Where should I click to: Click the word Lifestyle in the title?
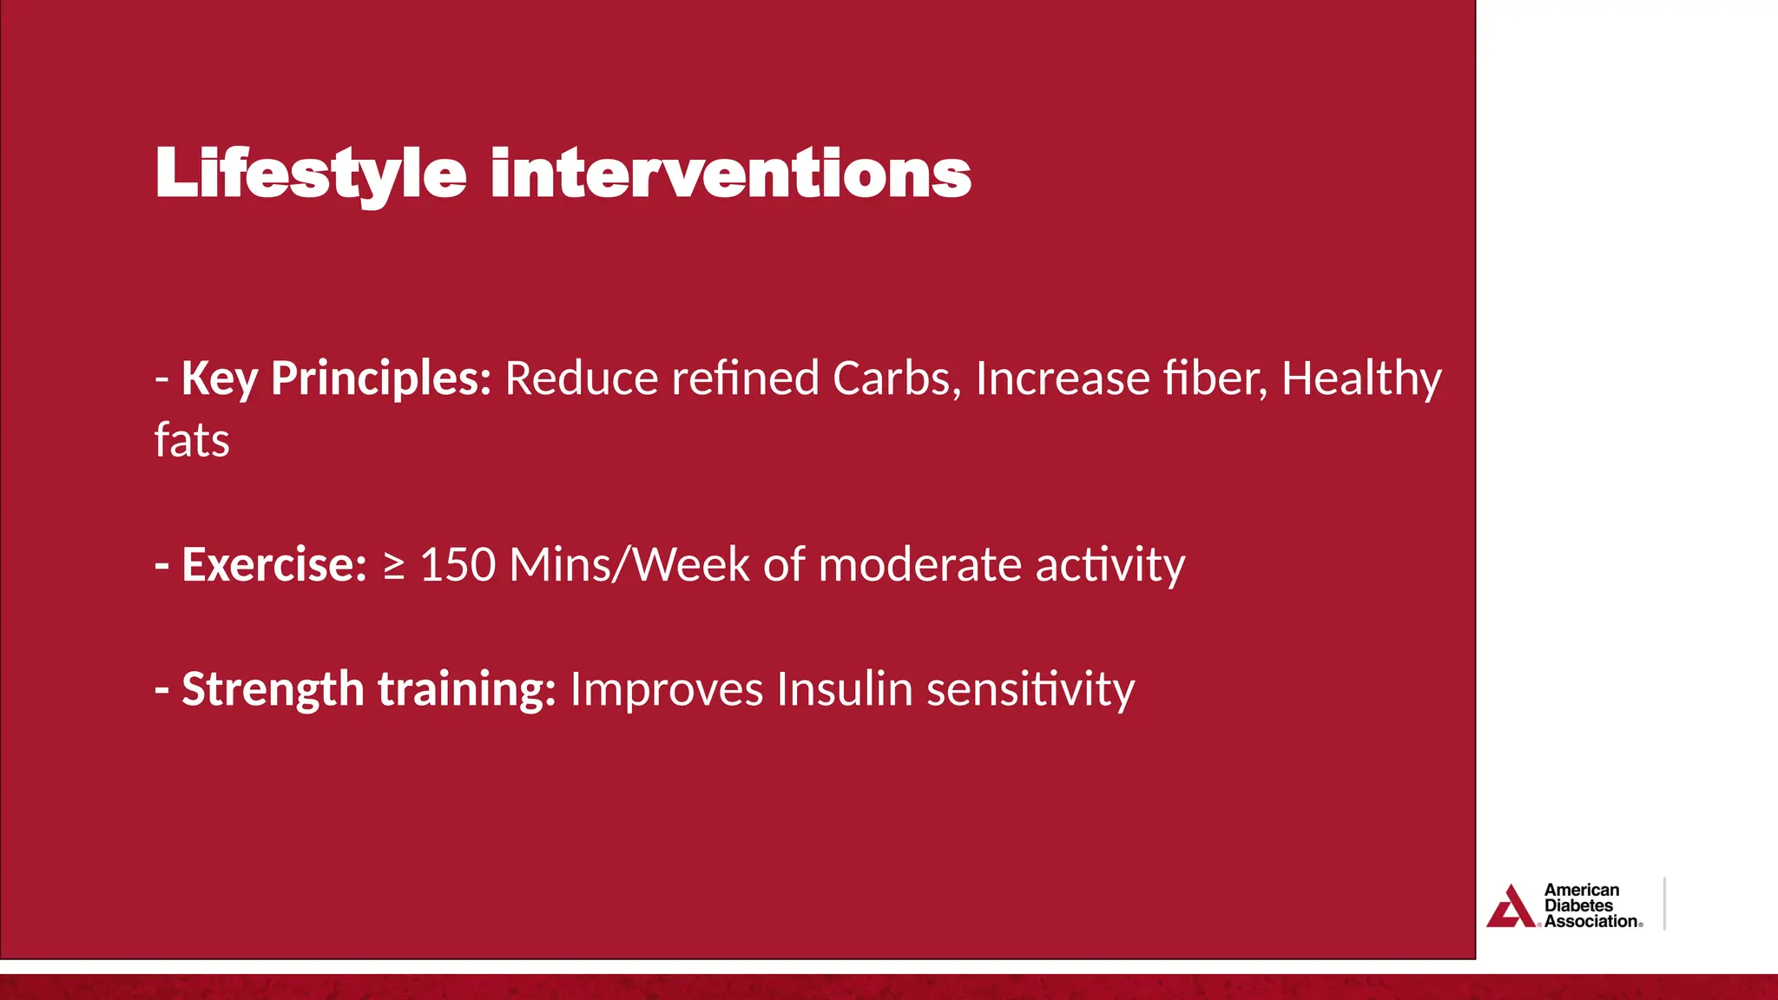point(310,174)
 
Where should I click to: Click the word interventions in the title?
point(730,174)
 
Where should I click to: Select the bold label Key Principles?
point(336,379)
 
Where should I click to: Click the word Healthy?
point(1360,379)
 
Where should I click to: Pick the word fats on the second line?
point(192,440)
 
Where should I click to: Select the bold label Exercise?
point(273,565)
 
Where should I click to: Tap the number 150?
point(458,565)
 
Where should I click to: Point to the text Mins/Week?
point(629,565)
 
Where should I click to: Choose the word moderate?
point(919,565)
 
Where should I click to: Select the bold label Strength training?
point(368,690)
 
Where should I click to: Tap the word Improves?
point(666,690)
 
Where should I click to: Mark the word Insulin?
point(844,690)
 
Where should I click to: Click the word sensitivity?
point(1031,690)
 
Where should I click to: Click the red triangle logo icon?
point(1511,907)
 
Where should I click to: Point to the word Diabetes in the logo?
point(1578,905)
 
